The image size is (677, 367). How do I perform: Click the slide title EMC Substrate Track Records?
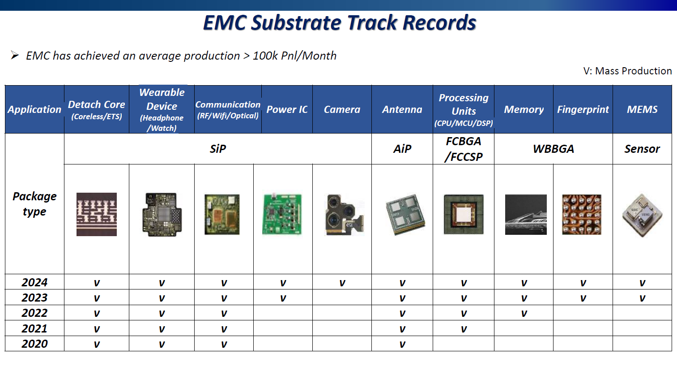click(x=340, y=23)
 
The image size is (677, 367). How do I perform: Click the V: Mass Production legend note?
click(x=627, y=71)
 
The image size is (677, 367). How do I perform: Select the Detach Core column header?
click(x=97, y=109)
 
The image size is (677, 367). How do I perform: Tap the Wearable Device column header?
click(x=162, y=109)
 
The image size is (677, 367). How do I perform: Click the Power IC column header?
click(x=287, y=109)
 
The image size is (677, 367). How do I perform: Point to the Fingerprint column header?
click(x=583, y=109)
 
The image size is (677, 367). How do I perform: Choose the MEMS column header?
click(x=642, y=109)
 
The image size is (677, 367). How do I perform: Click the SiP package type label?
click(x=218, y=149)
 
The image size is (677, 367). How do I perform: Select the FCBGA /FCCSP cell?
click(x=464, y=149)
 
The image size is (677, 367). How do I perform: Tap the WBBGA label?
click(x=554, y=149)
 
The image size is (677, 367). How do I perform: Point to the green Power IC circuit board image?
click(x=282, y=214)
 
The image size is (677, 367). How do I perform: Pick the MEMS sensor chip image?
click(x=642, y=215)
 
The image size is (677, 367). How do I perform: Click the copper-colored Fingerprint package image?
click(x=582, y=214)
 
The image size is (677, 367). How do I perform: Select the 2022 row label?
click(x=34, y=313)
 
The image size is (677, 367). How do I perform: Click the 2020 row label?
click(x=34, y=344)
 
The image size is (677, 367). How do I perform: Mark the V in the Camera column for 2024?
click(x=342, y=283)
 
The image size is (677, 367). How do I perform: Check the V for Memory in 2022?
click(x=524, y=313)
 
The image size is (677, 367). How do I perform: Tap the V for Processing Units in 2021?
click(x=464, y=329)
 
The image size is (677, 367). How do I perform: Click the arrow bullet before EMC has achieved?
click(x=15, y=56)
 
